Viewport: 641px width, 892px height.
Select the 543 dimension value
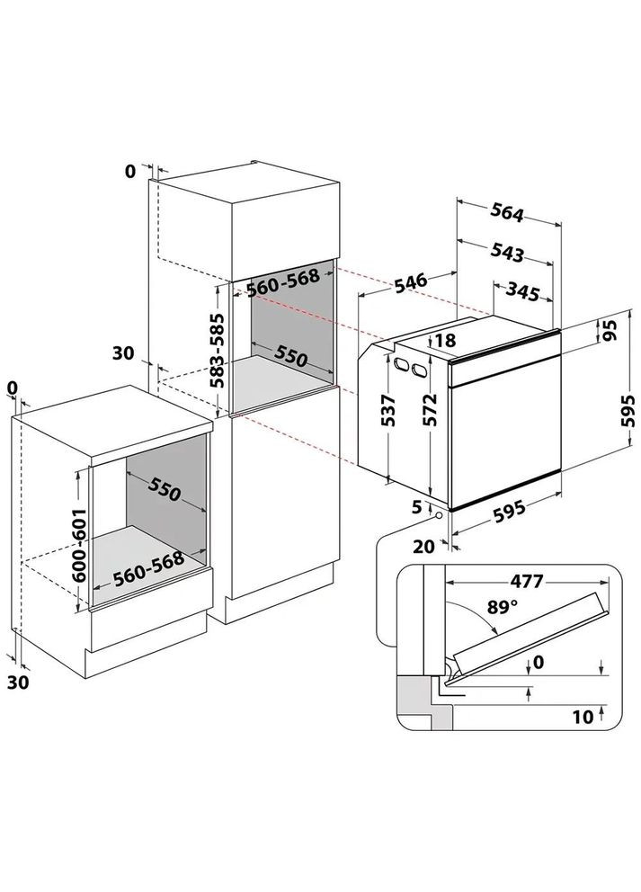(x=506, y=253)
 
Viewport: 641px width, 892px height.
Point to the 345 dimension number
(x=522, y=292)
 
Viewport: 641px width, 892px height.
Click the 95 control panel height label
(x=610, y=331)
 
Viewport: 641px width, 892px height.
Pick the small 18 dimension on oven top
(x=447, y=340)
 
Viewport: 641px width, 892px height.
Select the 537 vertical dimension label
(x=388, y=410)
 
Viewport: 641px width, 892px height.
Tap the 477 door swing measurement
(x=526, y=582)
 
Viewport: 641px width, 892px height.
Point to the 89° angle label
(x=503, y=607)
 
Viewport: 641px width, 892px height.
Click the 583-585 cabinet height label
(x=216, y=351)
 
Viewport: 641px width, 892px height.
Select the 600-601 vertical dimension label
(x=78, y=545)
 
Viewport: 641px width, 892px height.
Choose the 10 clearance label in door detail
(x=583, y=717)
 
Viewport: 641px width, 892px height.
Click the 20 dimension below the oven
(x=423, y=547)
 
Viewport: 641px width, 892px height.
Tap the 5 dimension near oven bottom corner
(x=417, y=506)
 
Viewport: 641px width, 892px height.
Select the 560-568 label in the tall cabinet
(x=282, y=282)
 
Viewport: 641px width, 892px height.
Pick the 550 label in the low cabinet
(x=165, y=487)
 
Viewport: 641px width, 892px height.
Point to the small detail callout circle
(x=439, y=515)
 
